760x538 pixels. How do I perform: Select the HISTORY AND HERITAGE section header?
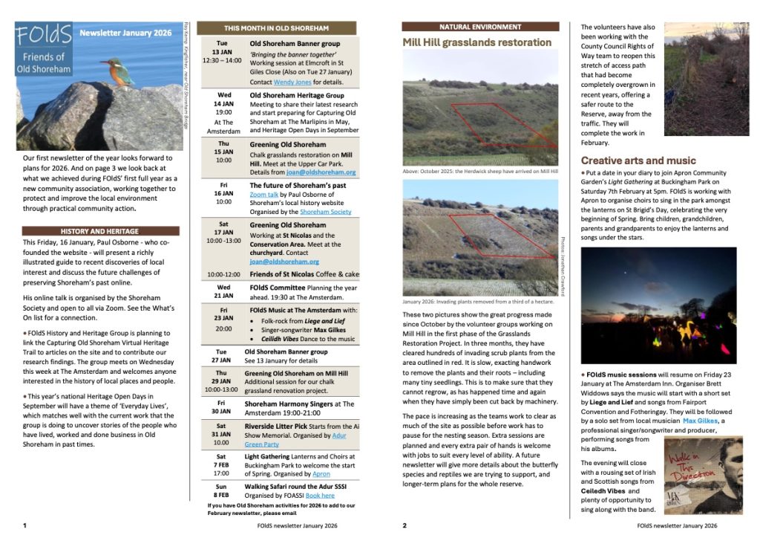100,231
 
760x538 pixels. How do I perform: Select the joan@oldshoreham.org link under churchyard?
284,262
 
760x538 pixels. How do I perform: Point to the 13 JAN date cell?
223,53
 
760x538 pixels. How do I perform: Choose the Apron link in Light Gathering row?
321,473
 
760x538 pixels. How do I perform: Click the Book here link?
320,495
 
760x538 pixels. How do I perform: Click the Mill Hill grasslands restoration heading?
476,43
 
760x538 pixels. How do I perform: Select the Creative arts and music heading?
638,161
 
